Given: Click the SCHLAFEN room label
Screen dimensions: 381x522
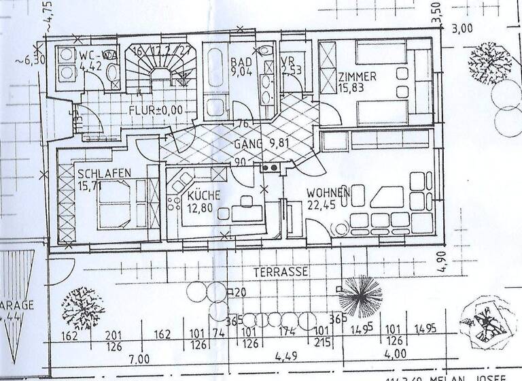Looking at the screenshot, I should click(x=104, y=173).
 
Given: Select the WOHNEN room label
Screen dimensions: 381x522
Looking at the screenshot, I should click(x=328, y=193).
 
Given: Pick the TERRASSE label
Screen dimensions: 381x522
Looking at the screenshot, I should click(x=281, y=271).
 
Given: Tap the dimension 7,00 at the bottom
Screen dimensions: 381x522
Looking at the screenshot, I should click(x=139, y=359).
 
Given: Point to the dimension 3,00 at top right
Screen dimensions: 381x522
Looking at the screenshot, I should click(x=462, y=29).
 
